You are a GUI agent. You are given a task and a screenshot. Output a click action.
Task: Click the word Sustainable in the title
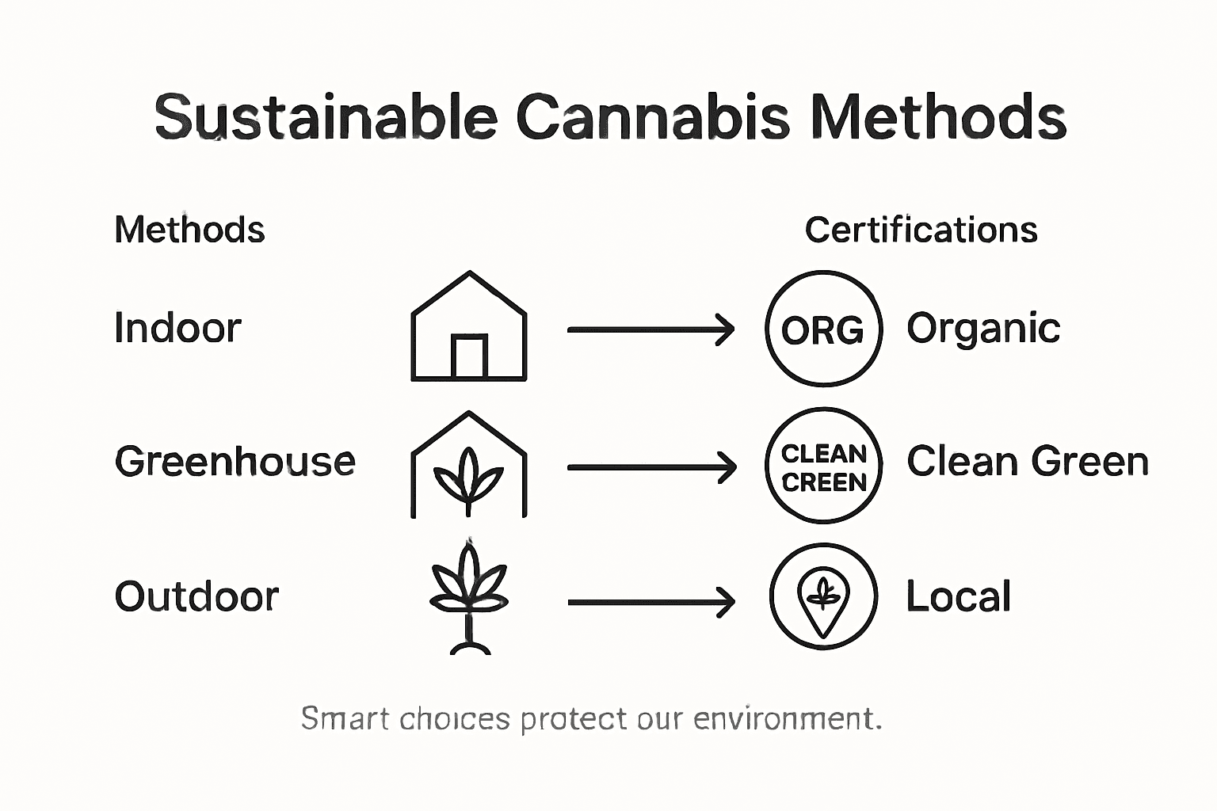[x=326, y=117]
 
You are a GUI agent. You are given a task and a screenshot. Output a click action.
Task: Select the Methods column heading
[x=189, y=230]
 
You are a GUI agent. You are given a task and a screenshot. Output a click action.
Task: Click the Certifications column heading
[x=921, y=230]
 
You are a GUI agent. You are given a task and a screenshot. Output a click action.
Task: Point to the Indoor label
[x=177, y=328]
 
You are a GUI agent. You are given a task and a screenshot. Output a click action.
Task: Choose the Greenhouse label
[x=235, y=462]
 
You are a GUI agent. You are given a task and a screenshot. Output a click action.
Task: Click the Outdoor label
[x=196, y=596]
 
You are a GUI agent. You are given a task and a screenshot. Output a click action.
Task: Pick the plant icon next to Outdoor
[x=469, y=598]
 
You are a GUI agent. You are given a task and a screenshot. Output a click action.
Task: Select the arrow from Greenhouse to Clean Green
[x=651, y=467]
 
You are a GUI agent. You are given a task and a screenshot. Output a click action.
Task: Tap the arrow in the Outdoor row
[x=651, y=602]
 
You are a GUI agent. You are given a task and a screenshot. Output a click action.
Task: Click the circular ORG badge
[x=824, y=329]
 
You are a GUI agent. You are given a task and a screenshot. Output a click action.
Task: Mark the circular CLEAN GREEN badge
[x=824, y=466]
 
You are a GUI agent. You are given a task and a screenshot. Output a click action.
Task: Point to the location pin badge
[x=824, y=596]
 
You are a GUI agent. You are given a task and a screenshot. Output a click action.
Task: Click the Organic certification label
[x=983, y=328]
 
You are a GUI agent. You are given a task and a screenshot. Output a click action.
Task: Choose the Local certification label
[x=959, y=596]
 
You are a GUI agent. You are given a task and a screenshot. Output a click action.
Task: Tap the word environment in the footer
[x=788, y=718]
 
